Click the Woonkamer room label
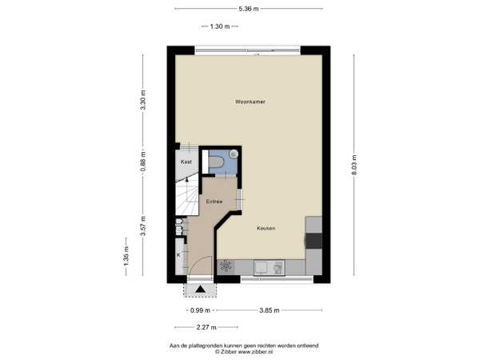tap(250, 102)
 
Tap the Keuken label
tap(266, 228)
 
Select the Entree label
tap(214, 202)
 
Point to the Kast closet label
tap(186, 162)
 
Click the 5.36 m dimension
tap(249, 9)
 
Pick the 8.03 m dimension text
tap(354, 165)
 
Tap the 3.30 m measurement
tap(143, 100)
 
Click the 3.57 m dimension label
tap(143, 226)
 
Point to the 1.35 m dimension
tap(126, 256)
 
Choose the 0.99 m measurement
tap(200, 310)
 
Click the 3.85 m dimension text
tap(270, 310)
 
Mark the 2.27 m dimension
tap(206, 327)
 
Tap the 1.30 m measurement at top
tap(220, 26)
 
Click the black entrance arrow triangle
tap(200, 289)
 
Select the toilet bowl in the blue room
tap(216, 162)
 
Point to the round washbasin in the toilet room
tap(234, 154)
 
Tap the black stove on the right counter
tap(314, 241)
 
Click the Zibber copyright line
tap(244, 352)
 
